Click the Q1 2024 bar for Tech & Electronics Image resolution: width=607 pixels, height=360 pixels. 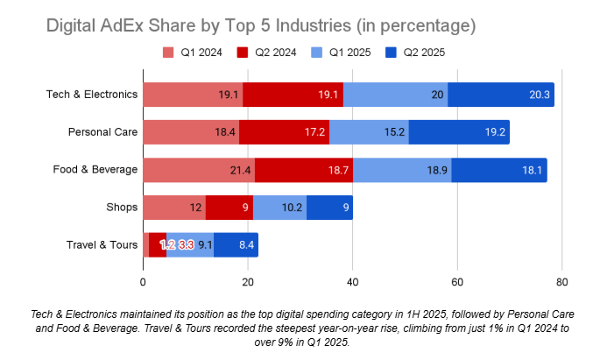[x=193, y=95]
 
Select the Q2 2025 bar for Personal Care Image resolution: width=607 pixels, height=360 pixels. [x=459, y=132]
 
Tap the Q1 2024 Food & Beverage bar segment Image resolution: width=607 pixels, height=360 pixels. [x=199, y=170]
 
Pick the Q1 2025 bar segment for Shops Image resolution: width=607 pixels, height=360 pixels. [x=279, y=208]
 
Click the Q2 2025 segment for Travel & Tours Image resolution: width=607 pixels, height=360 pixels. [x=236, y=245]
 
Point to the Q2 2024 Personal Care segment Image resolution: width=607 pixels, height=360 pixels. [x=284, y=132]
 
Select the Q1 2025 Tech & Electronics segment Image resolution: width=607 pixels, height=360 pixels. [x=395, y=95]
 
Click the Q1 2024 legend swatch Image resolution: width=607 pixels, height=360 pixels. [x=168, y=53]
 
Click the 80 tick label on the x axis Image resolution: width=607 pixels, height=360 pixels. [x=561, y=282]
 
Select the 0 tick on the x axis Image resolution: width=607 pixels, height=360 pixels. [x=143, y=282]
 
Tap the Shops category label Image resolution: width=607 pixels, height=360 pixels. [x=121, y=208]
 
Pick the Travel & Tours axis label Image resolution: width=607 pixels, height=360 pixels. [x=102, y=245]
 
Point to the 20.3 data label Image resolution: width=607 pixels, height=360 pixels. [x=540, y=95]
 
